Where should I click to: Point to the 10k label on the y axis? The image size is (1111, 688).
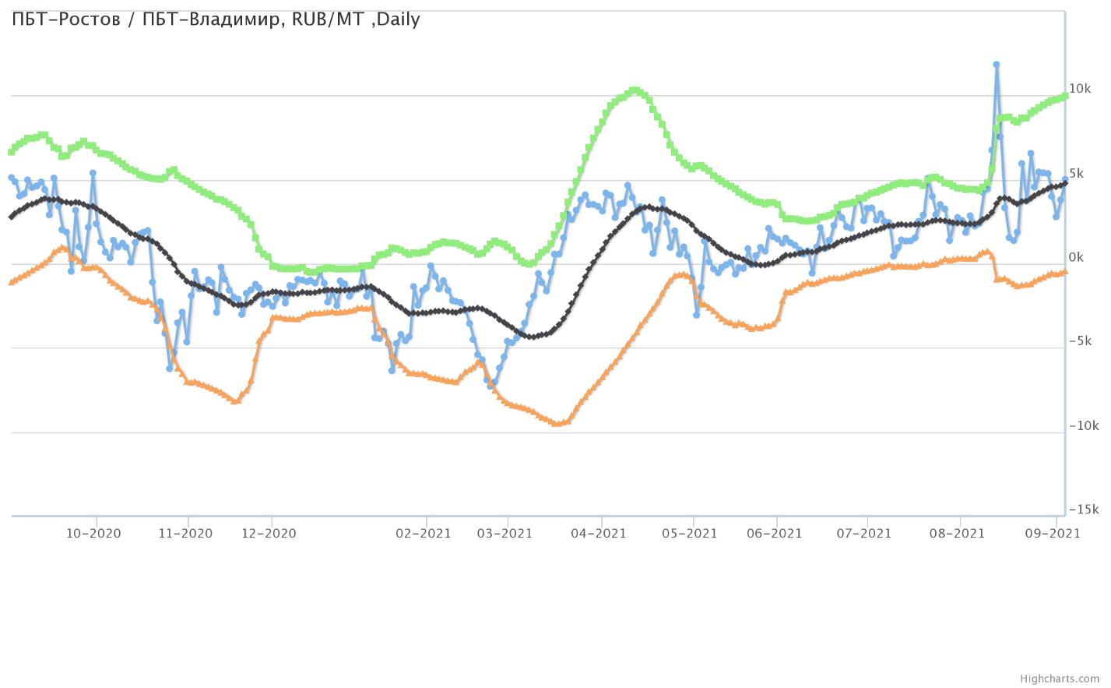tap(1080, 90)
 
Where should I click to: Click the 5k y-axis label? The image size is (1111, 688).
tap(1077, 174)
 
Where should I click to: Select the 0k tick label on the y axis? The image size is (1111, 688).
tap(1077, 258)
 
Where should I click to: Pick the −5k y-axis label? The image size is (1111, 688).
tap(1080, 341)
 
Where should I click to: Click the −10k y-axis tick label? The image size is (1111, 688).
tap(1083, 425)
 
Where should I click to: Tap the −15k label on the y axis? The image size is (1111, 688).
tap(1083, 510)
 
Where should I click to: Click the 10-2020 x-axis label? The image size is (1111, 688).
tap(93, 534)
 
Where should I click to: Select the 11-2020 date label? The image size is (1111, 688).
tap(185, 534)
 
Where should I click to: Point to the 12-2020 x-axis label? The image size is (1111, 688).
tap(269, 534)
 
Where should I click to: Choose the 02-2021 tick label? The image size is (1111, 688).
tap(424, 534)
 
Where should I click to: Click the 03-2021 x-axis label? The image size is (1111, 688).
tap(505, 534)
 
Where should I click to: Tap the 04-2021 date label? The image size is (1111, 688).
tap(599, 534)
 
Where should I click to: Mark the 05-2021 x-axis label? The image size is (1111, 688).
tap(689, 534)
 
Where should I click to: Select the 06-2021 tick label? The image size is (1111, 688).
tap(774, 534)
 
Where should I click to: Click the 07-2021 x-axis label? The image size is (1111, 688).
tap(863, 534)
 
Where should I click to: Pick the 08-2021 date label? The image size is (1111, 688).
tap(957, 534)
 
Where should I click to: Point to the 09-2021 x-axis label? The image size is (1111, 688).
tap(1052, 534)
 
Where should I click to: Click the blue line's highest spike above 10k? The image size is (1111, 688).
tap(996, 65)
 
